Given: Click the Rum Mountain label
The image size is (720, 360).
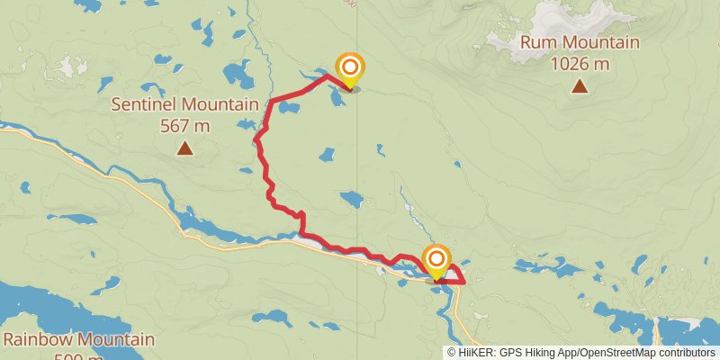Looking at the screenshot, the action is coord(580,42).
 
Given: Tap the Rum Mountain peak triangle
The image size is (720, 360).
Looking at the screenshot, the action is coord(580,86).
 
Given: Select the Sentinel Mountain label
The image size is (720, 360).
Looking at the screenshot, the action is coord(184,104).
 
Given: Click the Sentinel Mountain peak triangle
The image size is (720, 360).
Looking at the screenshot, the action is coord(184,148).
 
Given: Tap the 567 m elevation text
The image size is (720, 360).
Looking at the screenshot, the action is coord(184,126).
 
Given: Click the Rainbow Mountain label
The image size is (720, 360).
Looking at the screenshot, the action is coord(78,340).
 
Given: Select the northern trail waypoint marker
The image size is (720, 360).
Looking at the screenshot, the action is coord(349,68).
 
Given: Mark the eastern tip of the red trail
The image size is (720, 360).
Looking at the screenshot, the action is coord(464,282).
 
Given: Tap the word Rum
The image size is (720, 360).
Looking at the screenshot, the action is coord(539,42).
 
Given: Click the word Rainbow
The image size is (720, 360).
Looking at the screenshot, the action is coord(38,340).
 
